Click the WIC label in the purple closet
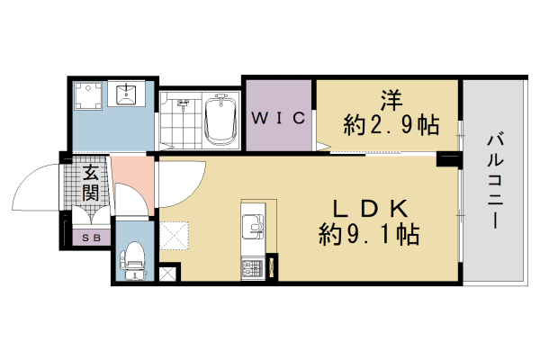tap(279, 118)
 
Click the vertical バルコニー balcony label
tap(495, 180)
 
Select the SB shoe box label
tap(91, 238)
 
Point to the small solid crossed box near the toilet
tap(167, 274)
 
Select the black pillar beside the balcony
tap(448, 160)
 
